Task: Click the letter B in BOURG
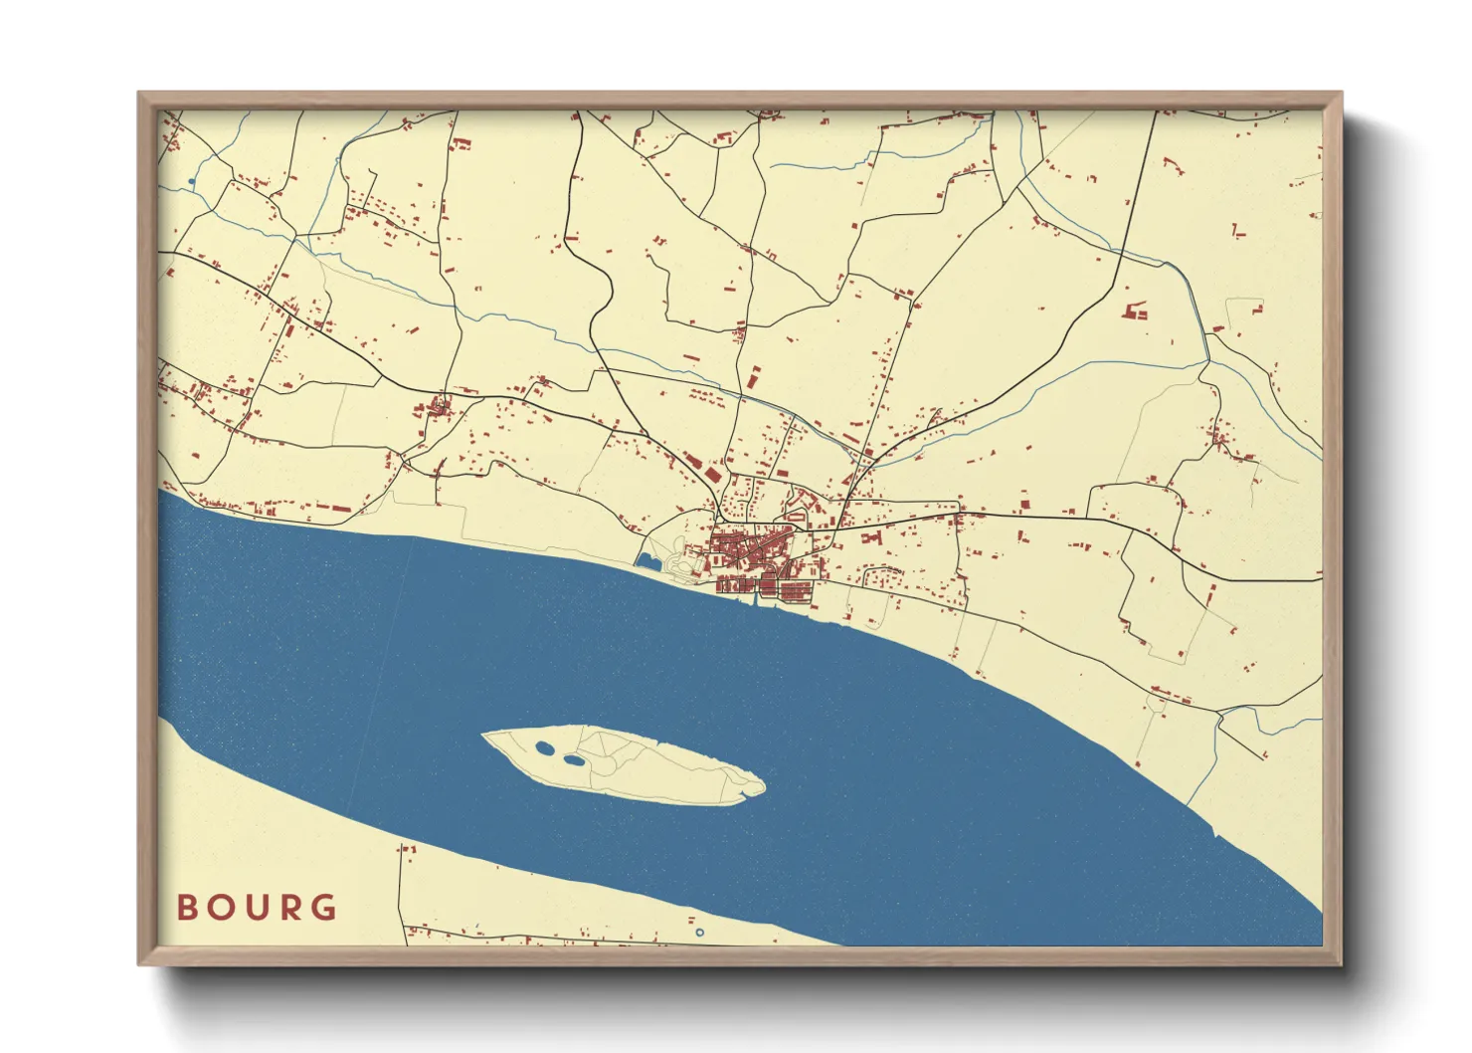click(x=186, y=908)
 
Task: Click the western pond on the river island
click(x=544, y=747)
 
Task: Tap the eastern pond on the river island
click(x=574, y=760)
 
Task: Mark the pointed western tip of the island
click(x=484, y=737)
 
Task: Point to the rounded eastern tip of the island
click(x=762, y=786)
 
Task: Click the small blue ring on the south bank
click(x=699, y=933)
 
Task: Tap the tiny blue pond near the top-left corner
click(x=190, y=182)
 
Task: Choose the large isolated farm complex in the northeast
click(x=1135, y=311)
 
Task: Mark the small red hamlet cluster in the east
click(x=1221, y=439)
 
